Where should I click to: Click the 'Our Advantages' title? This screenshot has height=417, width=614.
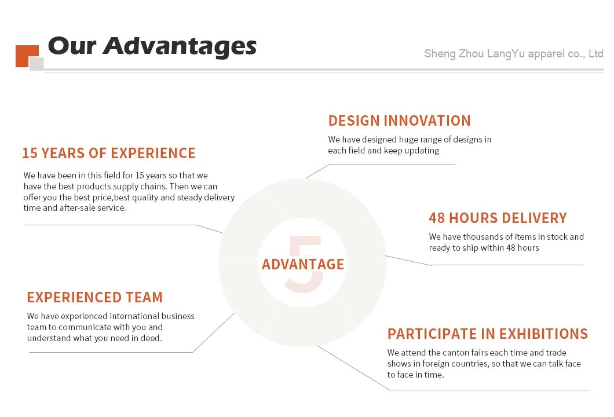[x=152, y=46]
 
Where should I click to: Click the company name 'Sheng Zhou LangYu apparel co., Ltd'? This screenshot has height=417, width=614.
[x=513, y=54]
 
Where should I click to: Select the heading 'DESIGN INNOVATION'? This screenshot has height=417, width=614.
[x=400, y=120]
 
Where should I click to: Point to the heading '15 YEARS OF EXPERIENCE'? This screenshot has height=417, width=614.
[x=109, y=153]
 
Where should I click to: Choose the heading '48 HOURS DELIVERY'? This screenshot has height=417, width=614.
[x=498, y=218]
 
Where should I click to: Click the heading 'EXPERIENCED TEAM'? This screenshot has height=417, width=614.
[x=95, y=298]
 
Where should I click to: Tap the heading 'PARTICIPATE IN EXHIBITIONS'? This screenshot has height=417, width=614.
[x=488, y=334]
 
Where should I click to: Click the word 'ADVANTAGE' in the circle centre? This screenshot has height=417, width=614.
[x=303, y=264]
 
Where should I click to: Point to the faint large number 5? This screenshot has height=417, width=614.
[x=305, y=264]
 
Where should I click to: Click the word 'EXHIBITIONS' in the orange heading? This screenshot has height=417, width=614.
[x=543, y=334]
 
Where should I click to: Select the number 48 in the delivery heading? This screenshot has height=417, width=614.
[x=437, y=218]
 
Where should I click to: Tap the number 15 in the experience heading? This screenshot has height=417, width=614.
[x=30, y=153]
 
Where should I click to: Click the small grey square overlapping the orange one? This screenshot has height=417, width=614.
[x=36, y=64]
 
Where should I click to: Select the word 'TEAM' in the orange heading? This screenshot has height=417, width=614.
[x=144, y=298]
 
